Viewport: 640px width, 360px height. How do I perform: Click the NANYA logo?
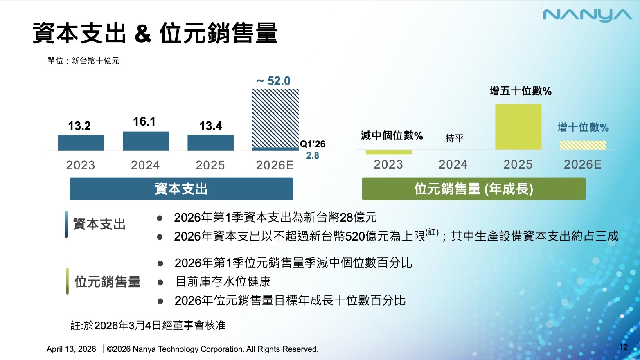pos(587,16)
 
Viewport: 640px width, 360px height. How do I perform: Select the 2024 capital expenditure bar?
pos(146,141)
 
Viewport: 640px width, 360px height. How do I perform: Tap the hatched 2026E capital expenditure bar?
pos(275,118)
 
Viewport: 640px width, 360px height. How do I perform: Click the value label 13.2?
pos(79,126)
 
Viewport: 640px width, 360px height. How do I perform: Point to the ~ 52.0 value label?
pos(274,81)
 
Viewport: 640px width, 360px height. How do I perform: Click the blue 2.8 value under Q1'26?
pos(313,155)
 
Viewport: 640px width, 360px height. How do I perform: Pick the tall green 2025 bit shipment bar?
pos(518,127)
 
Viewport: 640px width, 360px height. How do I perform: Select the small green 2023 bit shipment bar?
pos(389,152)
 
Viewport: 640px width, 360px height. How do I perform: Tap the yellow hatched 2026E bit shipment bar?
pos(583,145)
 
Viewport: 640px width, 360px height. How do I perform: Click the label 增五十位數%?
pos(521,91)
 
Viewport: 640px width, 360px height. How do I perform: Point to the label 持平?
pos(454,138)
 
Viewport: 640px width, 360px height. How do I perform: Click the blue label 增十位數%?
pos(583,128)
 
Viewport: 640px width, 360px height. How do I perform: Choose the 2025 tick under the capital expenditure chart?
pos(210,165)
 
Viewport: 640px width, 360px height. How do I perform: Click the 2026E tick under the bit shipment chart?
pos(583,164)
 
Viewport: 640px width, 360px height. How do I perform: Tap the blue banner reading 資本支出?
pos(181,189)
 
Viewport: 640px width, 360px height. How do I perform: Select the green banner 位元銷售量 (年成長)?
pos(473,189)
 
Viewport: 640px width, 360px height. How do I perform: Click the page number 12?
pos(623,347)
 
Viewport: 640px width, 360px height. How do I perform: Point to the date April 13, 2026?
pos(71,349)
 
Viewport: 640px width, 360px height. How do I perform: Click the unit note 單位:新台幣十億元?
pos(83,61)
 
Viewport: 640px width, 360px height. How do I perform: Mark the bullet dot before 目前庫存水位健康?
pos(160,282)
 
